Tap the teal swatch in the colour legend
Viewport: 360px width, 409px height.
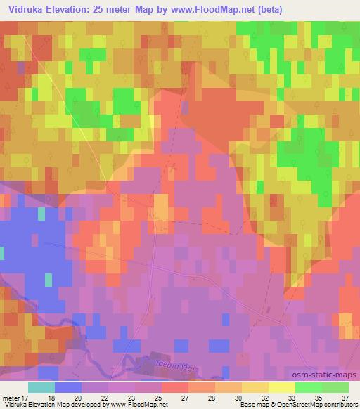pyautogui.click(x=41, y=387)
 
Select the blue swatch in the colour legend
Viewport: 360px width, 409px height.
pyautogui.click(x=67, y=387)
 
